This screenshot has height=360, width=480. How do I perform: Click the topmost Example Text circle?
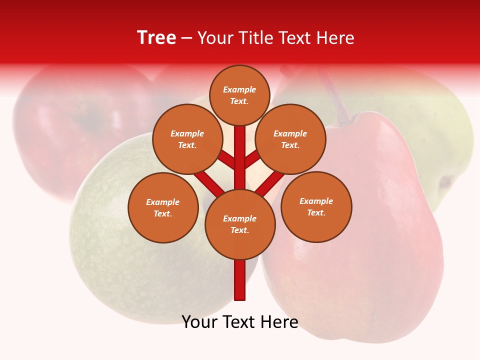(x=239, y=95)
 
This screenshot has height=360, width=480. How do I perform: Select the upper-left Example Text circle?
(x=187, y=139)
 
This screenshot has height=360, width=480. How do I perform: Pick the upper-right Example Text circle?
(x=290, y=139)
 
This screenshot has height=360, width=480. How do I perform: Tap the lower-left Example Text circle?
(x=163, y=207)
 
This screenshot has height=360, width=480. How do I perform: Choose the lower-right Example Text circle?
(x=316, y=206)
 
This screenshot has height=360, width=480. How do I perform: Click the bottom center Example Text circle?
(x=240, y=224)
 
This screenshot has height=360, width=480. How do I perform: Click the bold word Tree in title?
(x=156, y=37)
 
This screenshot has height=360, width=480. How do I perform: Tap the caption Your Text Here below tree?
(x=240, y=322)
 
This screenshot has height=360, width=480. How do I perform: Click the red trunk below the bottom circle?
(x=240, y=280)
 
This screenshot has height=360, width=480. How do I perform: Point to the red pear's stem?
(x=334, y=97)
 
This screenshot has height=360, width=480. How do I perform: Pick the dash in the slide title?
(x=186, y=38)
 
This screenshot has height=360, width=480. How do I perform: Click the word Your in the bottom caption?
(x=199, y=322)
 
